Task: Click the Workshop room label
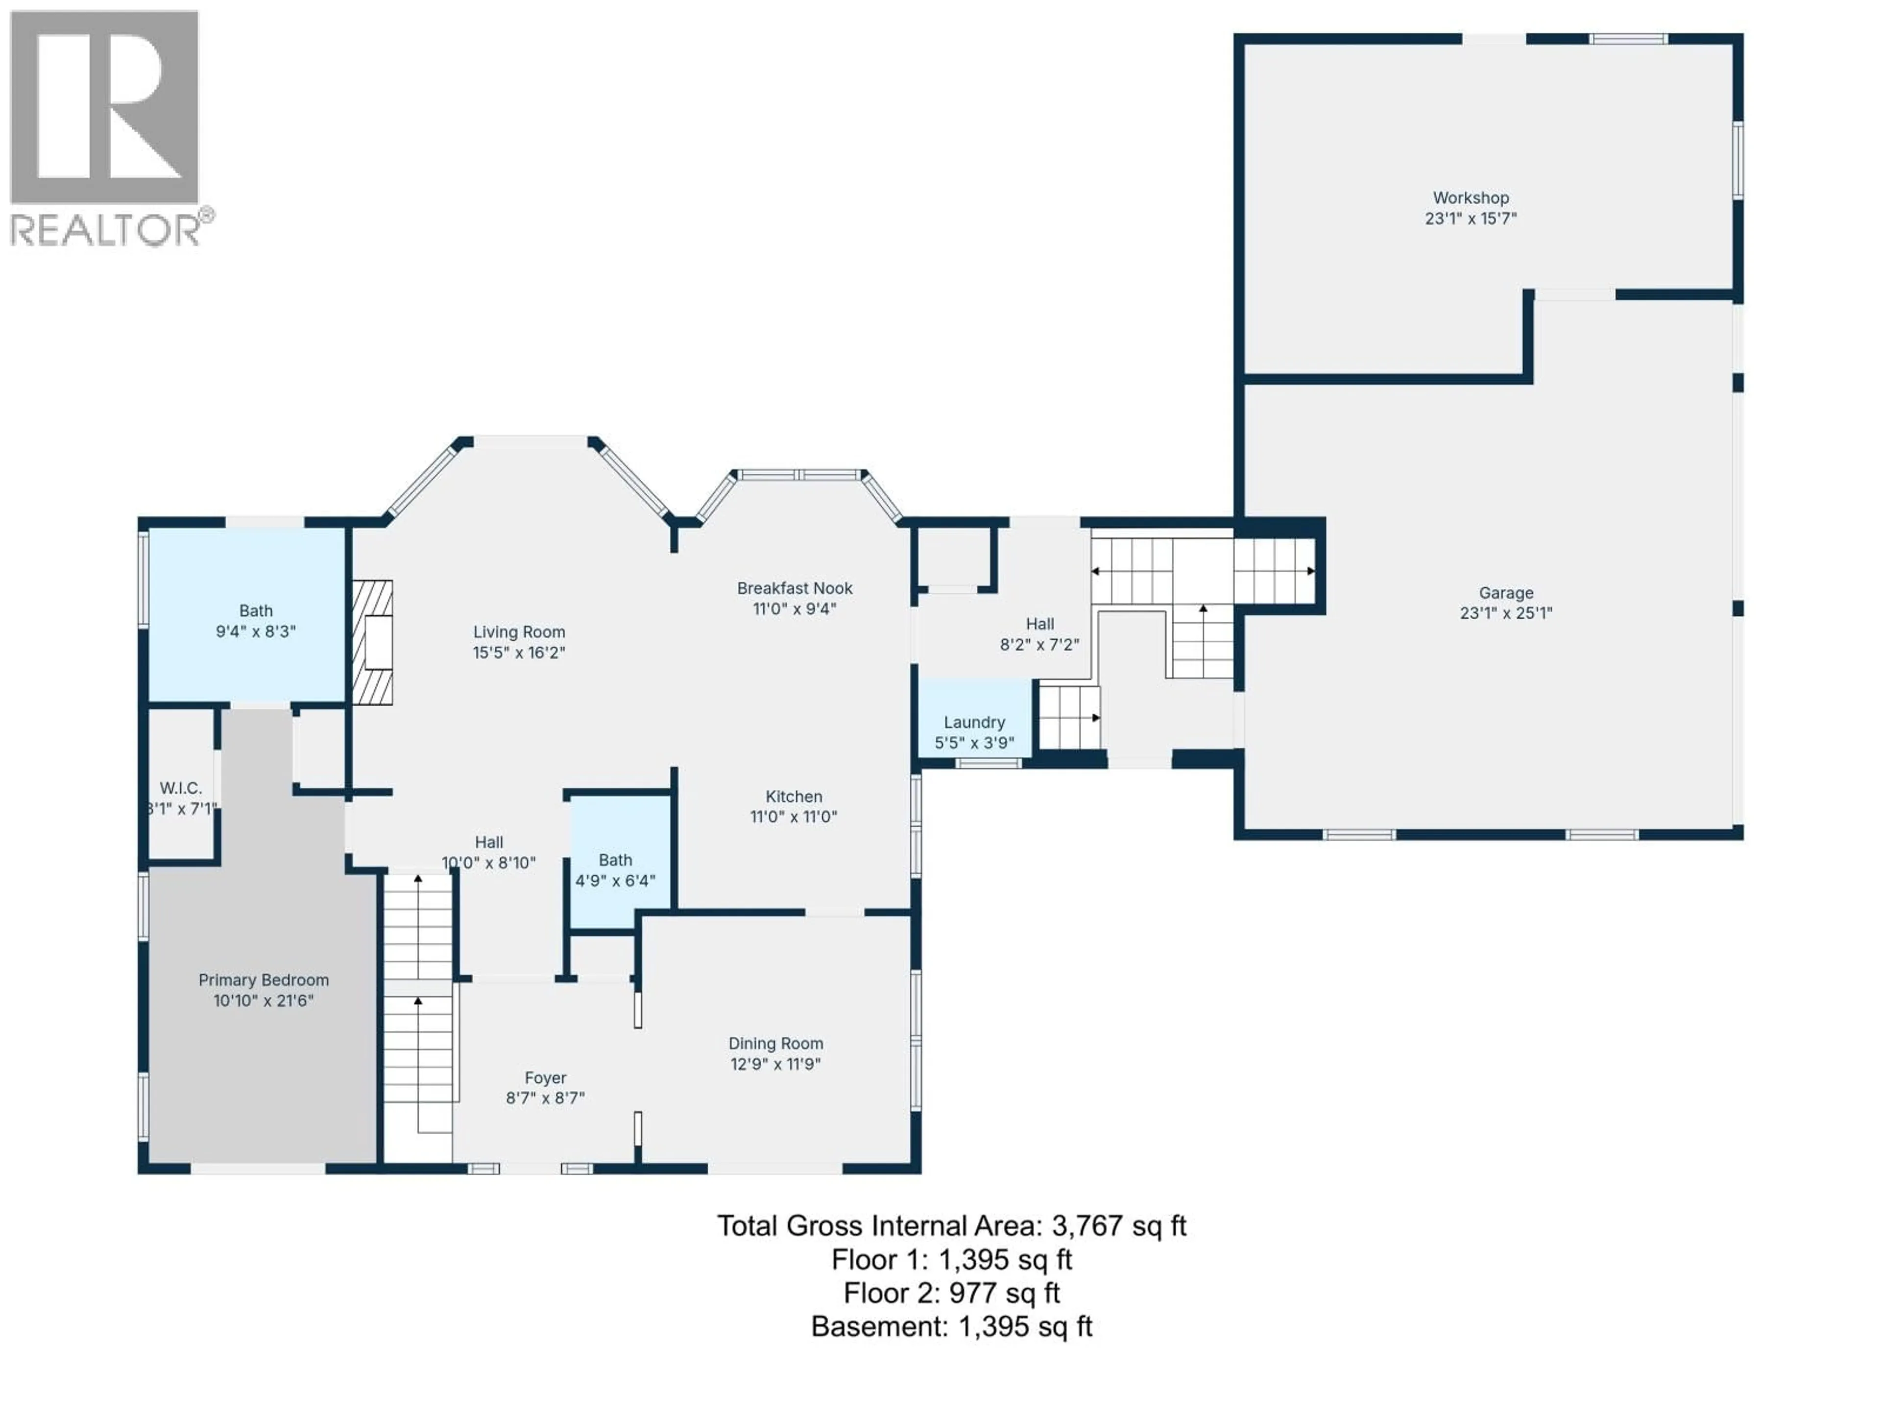[1471, 198]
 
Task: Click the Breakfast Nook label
[794, 588]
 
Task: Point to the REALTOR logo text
[106, 230]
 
